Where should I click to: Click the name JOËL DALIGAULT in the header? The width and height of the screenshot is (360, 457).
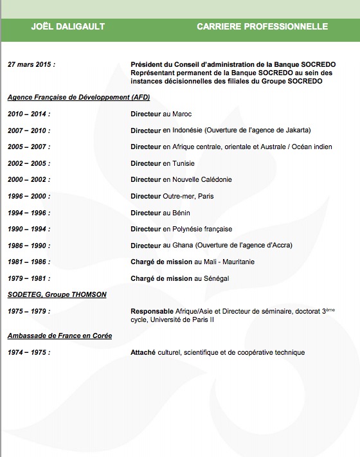(x=68, y=26)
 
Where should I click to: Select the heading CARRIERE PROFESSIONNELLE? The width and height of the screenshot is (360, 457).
(x=262, y=26)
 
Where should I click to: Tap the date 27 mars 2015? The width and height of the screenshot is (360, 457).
(x=32, y=65)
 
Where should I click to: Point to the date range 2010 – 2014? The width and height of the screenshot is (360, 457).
(x=29, y=114)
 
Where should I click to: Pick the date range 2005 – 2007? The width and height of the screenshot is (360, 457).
(x=29, y=147)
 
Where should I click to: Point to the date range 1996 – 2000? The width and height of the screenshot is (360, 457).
(x=29, y=196)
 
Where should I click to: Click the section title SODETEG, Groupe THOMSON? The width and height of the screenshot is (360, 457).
(x=57, y=294)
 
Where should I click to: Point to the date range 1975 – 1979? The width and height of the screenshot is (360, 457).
(x=29, y=311)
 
